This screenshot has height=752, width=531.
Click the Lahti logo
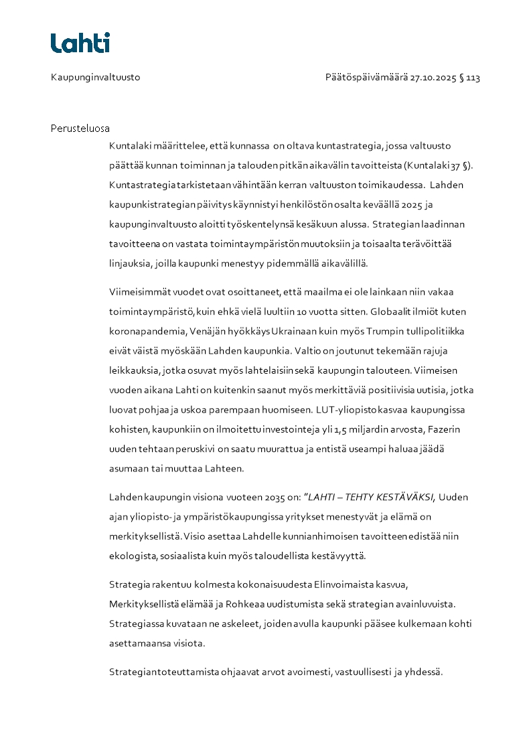click(80, 43)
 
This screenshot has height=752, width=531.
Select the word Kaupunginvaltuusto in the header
click(95, 78)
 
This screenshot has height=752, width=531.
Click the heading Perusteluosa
click(80, 128)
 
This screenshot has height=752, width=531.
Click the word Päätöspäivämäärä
click(366, 78)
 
